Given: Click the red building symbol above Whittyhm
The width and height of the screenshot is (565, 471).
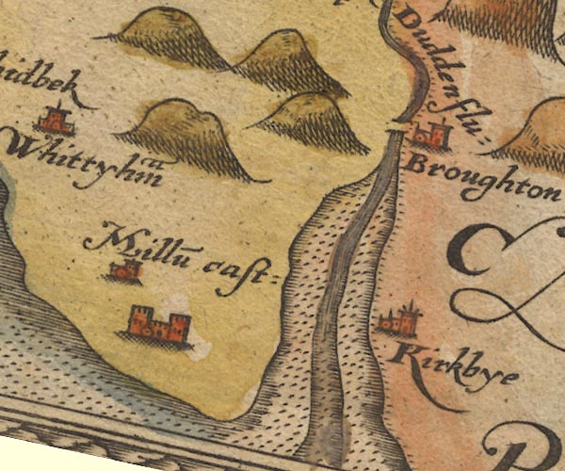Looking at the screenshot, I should pos(56,121).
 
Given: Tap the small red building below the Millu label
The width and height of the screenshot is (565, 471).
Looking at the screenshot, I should pos(124,272).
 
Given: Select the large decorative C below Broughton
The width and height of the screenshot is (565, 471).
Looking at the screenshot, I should pos(480,250).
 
